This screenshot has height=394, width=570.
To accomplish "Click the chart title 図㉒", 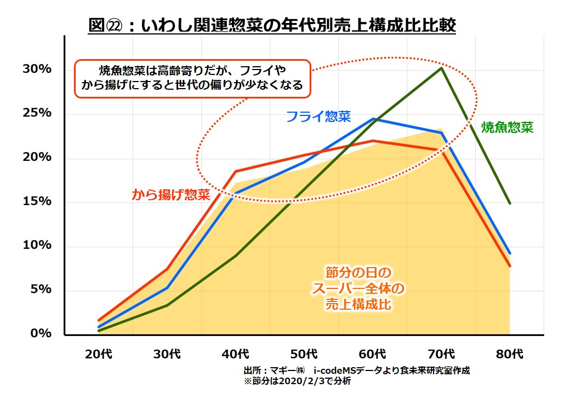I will (x=272, y=25).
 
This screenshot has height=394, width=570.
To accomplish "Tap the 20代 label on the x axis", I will (x=99, y=354).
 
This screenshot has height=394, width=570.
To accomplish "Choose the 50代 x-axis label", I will (x=304, y=354).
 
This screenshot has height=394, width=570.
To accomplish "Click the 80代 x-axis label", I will (x=510, y=354).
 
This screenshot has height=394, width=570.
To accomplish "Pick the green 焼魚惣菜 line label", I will (x=507, y=128).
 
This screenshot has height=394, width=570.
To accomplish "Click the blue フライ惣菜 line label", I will (x=318, y=116).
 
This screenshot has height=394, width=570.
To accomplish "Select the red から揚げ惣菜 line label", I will (x=170, y=194).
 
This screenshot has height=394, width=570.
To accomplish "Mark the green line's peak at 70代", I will (x=441, y=68).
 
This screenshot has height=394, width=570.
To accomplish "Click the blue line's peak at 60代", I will (x=373, y=118).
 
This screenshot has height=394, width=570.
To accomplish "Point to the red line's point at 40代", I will (x=236, y=171).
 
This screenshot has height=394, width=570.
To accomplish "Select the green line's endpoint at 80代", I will (x=510, y=203).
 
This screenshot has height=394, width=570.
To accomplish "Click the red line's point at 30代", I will (x=167, y=269).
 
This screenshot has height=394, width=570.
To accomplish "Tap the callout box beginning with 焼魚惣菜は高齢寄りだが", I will (x=192, y=78).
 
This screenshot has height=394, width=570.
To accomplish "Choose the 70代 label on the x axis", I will (x=441, y=354).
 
